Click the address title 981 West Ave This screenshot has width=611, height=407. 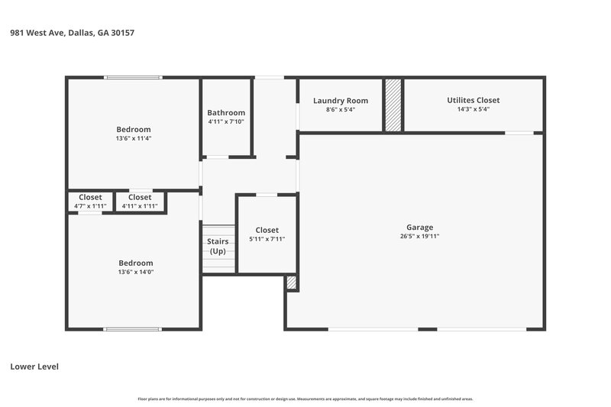coord(73,33)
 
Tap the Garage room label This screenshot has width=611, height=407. coord(419,227)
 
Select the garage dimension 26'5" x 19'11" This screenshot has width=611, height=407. coord(419,237)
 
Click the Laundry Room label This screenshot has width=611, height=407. coord(341,101)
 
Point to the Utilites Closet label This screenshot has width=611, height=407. coord(474,100)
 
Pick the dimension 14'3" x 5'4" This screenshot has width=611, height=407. coord(474,110)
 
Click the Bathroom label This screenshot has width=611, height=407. coord(226,112)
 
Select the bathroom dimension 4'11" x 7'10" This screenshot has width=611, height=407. coord(226,122)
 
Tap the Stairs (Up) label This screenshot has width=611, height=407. coord(218,246)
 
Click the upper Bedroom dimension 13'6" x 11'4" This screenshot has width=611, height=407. coord(134,139)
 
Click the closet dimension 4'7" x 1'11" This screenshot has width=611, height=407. coord(90,206)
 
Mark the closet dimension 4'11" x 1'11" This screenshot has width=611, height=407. coord(140,206)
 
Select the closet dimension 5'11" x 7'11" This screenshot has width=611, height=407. coord(267,239)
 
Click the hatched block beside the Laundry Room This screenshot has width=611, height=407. coord(393,105)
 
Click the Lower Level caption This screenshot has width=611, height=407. coord(34,367)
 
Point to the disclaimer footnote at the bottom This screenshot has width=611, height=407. coord(305,399)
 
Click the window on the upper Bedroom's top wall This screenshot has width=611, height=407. coord(133,78)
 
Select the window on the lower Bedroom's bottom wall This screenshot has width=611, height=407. coord(133,329)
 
